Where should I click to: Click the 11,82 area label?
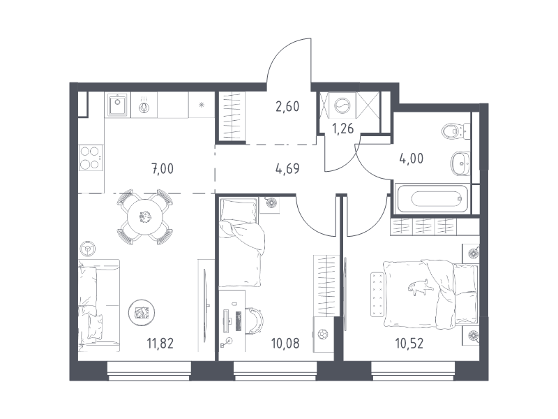tap(160, 344)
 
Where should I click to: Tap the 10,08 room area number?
tap(285, 344)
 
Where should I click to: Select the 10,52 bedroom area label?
tap(409, 344)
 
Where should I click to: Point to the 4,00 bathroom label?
tap(412, 159)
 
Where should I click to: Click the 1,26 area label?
tap(343, 128)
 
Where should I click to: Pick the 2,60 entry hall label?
tap(287, 106)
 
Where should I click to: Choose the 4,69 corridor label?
tap(287, 168)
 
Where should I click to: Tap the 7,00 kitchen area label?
tap(163, 168)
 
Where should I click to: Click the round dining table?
tap(145, 216)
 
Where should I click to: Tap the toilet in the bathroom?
tap(455, 131)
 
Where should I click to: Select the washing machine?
tap(343, 105)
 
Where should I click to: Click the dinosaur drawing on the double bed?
tap(421, 288)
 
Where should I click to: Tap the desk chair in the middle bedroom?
tap(255, 321)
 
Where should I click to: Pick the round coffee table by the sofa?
tap(142, 312)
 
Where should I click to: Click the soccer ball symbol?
tap(323, 335)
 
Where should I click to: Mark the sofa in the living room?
tap(99, 305)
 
